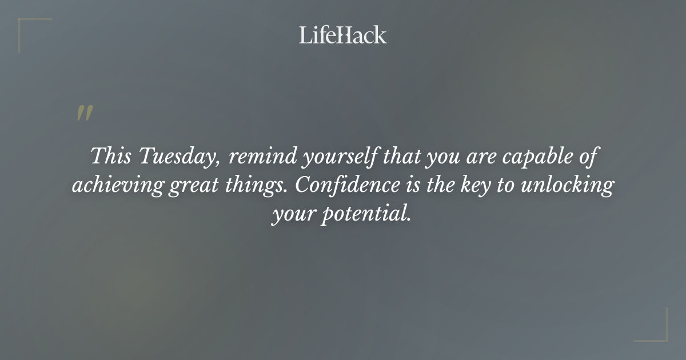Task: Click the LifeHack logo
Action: [343, 35]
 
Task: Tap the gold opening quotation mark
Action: [85, 113]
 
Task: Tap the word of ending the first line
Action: [589, 157]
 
